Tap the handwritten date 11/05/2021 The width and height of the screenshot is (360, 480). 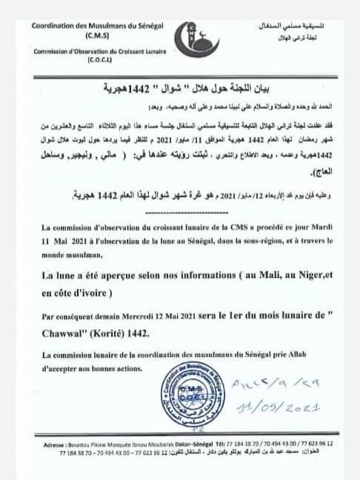[279, 408]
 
